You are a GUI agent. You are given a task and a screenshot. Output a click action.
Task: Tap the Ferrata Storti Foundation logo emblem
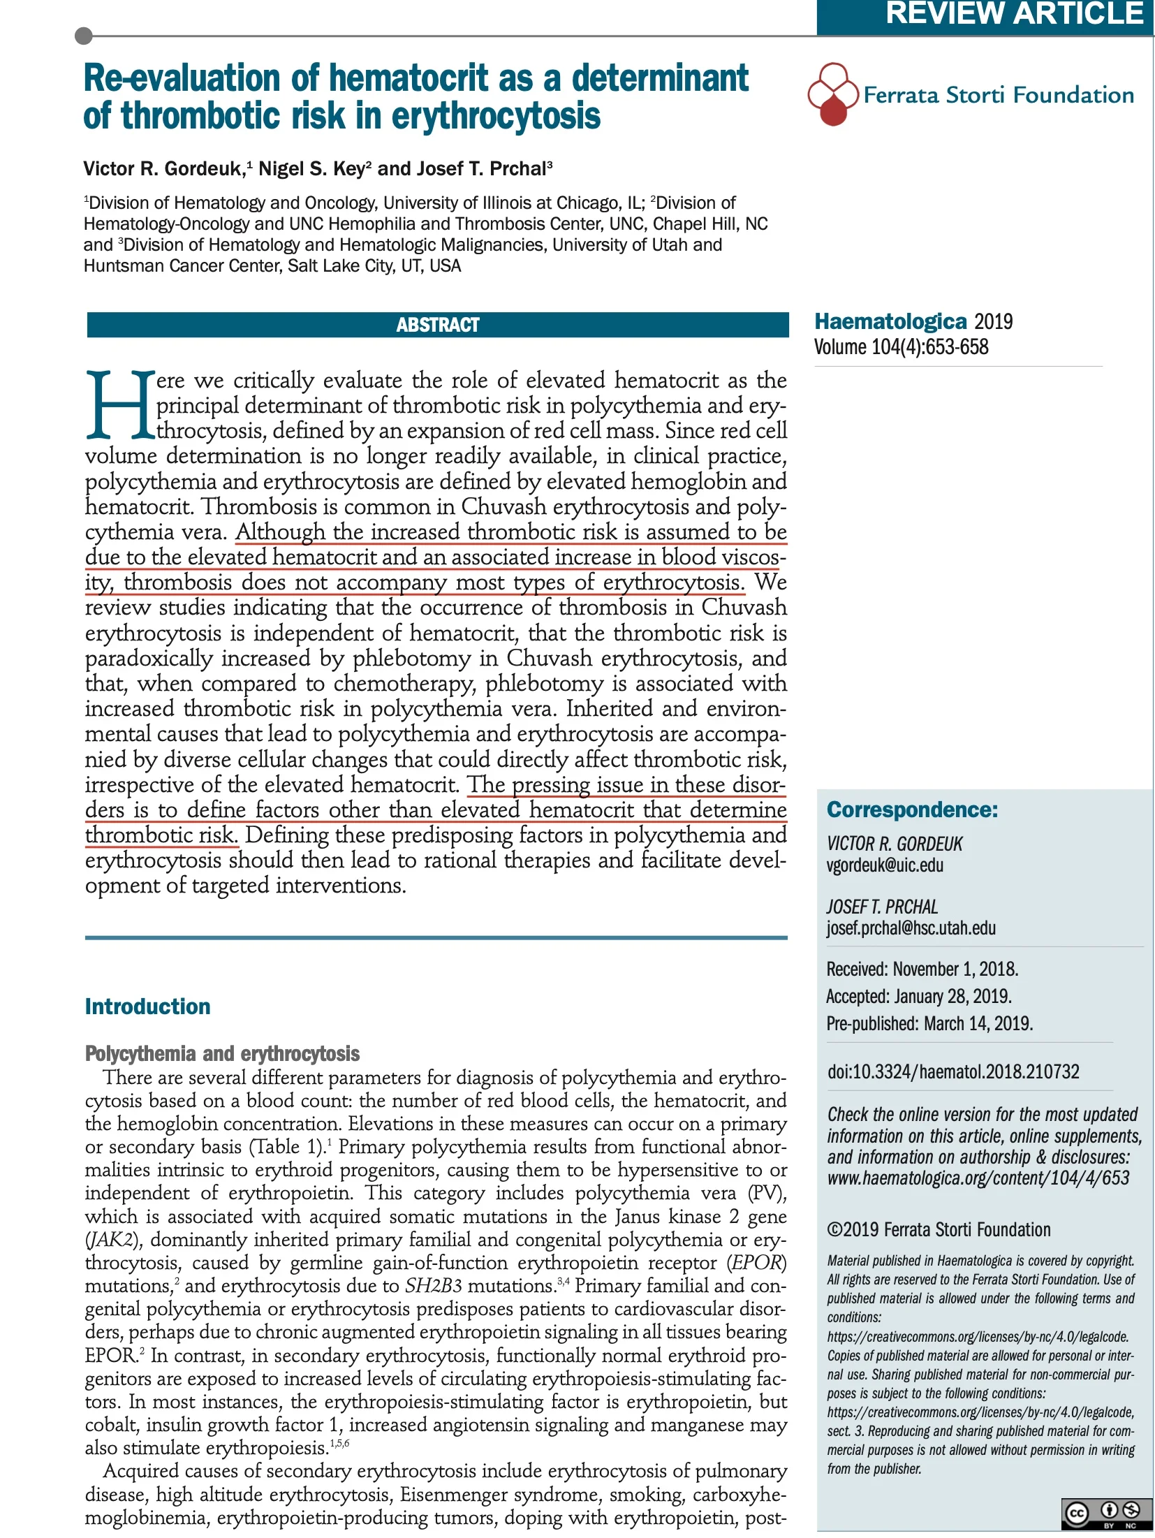(x=832, y=94)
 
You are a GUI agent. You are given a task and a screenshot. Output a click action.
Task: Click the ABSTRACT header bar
(x=438, y=325)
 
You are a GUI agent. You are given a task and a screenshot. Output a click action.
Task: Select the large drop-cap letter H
(x=119, y=406)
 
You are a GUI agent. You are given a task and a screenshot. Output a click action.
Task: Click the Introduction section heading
(x=147, y=1006)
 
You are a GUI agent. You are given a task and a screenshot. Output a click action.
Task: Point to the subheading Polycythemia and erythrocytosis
(x=222, y=1053)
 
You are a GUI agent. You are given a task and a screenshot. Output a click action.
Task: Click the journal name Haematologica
(x=890, y=321)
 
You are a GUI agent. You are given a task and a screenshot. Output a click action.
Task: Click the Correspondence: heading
(x=912, y=810)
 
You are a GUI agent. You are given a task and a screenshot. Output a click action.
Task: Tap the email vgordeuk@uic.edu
(x=885, y=865)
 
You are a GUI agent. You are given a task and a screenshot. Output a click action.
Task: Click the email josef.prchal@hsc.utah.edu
(x=911, y=928)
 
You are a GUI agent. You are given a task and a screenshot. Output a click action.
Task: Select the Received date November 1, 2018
(x=955, y=969)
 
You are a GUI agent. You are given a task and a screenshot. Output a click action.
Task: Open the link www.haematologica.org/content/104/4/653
(x=978, y=1179)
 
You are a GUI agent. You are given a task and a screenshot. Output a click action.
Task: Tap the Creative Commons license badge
(x=1106, y=1513)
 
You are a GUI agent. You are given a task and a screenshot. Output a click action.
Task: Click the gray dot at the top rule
(x=83, y=35)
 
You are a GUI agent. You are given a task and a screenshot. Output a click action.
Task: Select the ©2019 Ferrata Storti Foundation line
(x=939, y=1230)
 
